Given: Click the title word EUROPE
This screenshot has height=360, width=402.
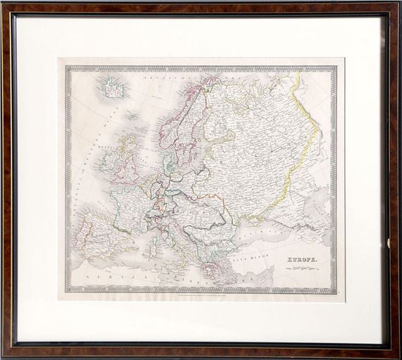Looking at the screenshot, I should [x=302, y=261].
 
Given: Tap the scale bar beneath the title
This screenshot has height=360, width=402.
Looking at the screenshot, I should [x=302, y=269].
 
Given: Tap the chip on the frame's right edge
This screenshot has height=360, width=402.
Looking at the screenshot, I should [x=389, y=243].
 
